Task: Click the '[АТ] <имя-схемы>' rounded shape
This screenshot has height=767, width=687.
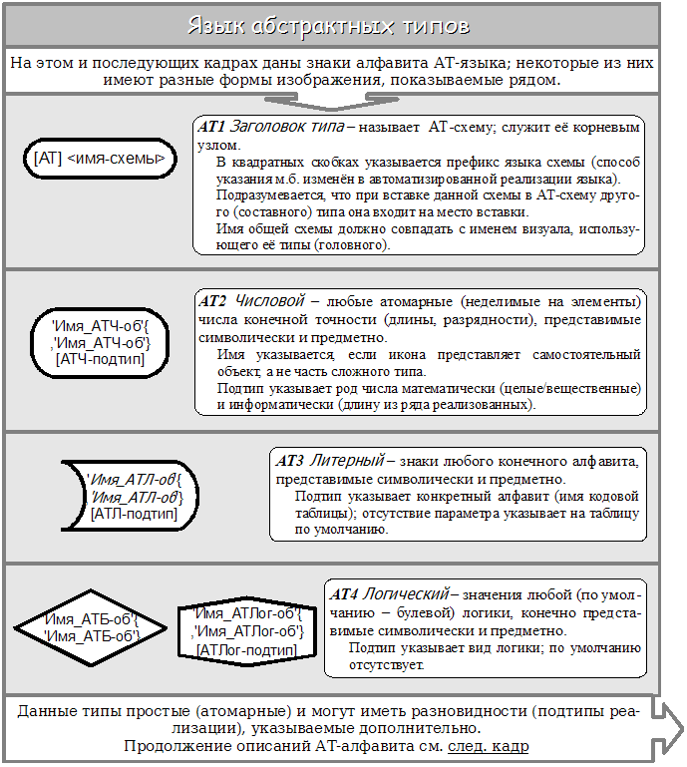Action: pos(99,158)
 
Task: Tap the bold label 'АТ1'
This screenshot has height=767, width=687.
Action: pos(212,128)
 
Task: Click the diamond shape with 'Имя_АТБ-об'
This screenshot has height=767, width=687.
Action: pos(91,628)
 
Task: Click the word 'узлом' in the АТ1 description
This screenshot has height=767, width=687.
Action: pos(217,145)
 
